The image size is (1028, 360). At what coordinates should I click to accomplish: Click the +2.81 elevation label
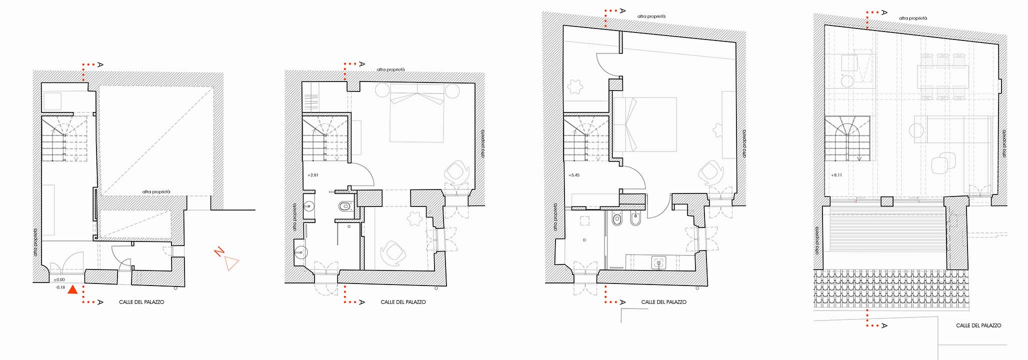click(x=313, y=175)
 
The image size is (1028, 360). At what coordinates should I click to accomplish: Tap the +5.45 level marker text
click(x=574, y=175)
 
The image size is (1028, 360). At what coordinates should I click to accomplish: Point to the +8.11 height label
click(x=836, y=175)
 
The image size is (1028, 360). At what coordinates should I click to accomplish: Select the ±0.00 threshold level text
click(x=59, y=280)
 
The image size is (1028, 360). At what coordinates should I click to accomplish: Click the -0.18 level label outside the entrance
click(x=60, y=287)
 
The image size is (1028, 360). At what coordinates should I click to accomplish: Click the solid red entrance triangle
click(x=73, y=289)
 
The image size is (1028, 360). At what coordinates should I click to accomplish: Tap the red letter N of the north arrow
click(x=218, y=252)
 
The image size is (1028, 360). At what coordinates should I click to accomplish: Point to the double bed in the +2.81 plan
click(x=417, y=113)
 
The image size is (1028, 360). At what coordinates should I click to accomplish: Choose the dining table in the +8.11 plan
click(x=943, y=77)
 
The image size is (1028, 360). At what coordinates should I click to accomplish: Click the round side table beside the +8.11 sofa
click(x=916, y=131)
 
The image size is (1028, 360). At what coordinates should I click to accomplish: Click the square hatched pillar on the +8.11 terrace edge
click(x=886, y=202)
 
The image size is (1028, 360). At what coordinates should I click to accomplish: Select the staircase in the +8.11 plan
click(x=847, y=138)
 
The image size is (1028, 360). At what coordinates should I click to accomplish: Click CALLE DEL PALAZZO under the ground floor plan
click(x=141, y=302)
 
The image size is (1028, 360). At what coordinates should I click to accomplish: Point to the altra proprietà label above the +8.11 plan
click(x=913, y=18)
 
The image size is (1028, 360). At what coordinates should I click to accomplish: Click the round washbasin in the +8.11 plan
click(x=847, y=81)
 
